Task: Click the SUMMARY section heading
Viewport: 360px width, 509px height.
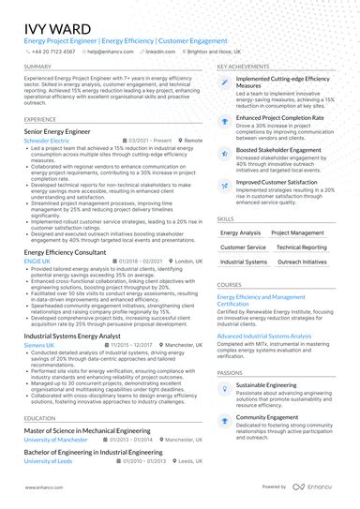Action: tap(38, 67)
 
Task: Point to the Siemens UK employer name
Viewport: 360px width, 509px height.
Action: tap(40, 345)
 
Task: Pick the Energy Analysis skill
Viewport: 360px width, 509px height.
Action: tap(240, 232)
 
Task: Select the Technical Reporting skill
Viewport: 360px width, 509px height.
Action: tap(301, 247)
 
